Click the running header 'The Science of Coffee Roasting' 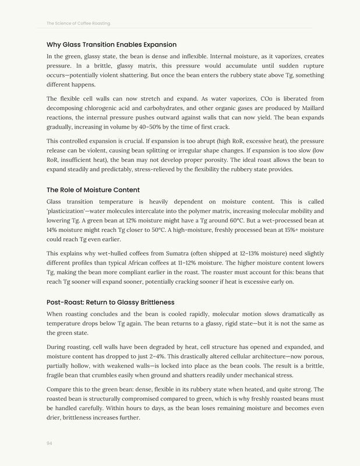tap(78, 23)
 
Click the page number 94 tap(50, 443)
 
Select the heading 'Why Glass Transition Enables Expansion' tap(111, 44)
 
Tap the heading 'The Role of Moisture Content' tap(93, 190)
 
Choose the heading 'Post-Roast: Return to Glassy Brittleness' tap(110, 302)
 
